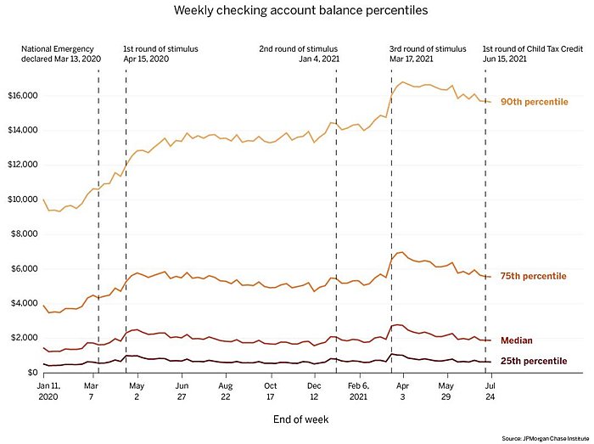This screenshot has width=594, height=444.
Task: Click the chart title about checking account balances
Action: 296,11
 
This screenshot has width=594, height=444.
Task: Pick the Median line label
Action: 516,340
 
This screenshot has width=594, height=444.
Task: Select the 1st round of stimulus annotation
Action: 161,55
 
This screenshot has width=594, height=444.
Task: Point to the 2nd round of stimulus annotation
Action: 296,55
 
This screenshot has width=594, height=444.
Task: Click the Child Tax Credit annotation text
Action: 531,55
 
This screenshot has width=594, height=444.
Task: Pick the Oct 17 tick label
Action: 270,391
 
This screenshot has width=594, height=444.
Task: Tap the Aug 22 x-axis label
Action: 225,391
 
